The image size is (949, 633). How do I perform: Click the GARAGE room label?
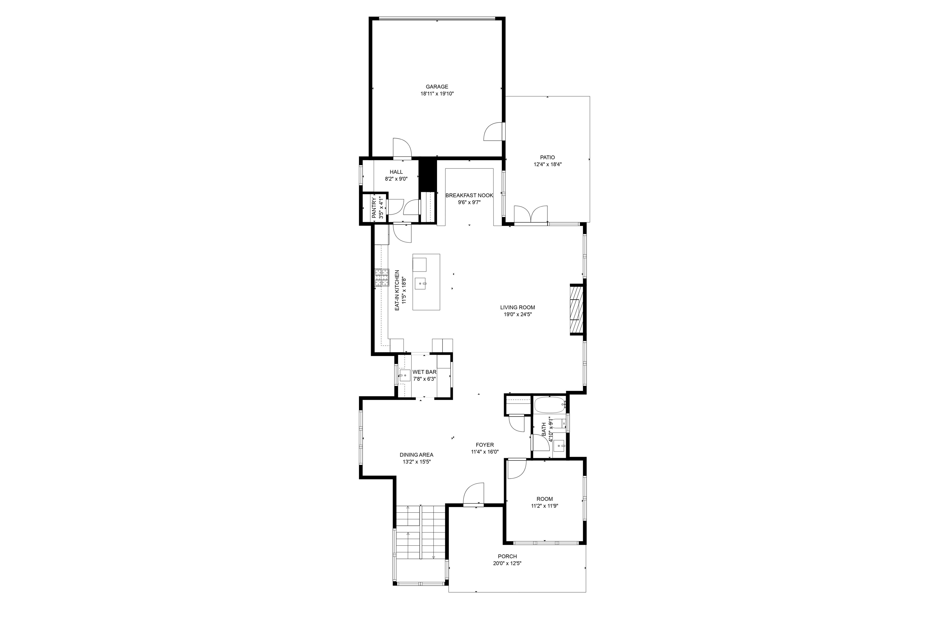point(437,87)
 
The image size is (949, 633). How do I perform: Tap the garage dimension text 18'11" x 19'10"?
point(437,94)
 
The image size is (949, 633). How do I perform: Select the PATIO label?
point(547,157)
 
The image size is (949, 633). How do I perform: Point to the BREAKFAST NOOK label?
point(469,195)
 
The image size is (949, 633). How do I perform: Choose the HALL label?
point(396,172)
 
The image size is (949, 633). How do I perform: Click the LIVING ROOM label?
point(518,307)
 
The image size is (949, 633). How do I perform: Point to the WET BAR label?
point(425,372)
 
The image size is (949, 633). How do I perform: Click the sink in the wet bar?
point(405,375)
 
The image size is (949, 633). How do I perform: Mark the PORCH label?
point(507,556)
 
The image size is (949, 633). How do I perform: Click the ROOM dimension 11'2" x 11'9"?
point(545,506)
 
